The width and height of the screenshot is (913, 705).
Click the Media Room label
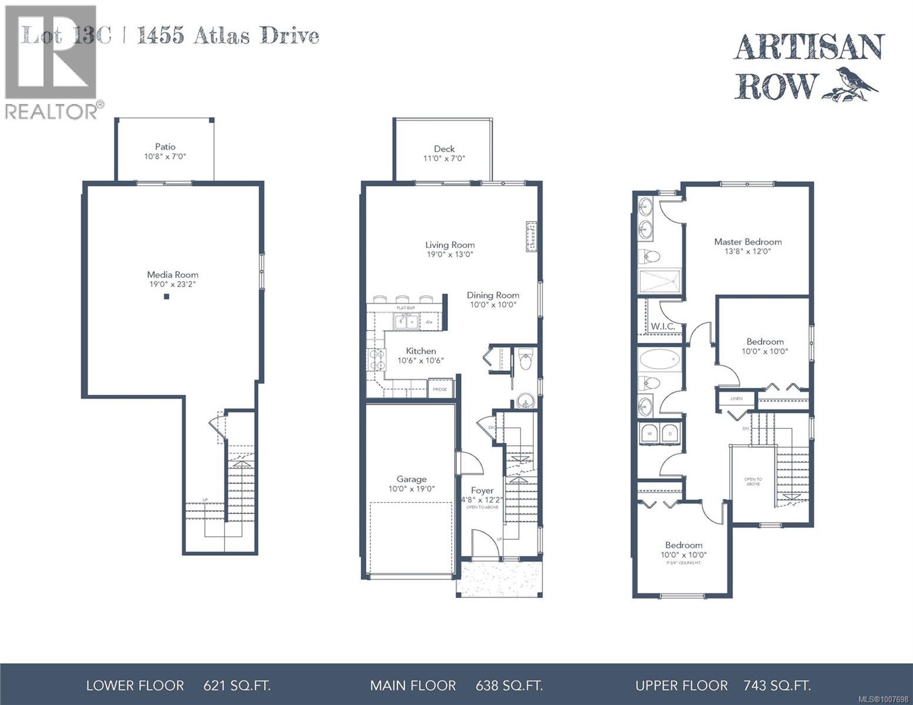[172, 274]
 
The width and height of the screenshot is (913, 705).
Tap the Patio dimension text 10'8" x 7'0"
[165, 157]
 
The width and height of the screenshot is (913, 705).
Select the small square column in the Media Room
[166, 297]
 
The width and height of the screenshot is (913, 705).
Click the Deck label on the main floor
[444, 149]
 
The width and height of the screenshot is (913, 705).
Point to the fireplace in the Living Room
[532, 237]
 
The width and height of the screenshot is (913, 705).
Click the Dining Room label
[493, 296]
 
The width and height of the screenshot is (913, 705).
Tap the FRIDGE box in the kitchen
[440, 389]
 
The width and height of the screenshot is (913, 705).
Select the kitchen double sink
[406, 321]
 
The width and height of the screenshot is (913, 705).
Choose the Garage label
[411, 479]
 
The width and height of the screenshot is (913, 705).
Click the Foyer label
[482, 491]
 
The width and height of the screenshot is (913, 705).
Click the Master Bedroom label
[747, 241]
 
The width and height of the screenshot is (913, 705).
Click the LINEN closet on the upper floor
[736, 398]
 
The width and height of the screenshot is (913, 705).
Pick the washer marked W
[650, 433]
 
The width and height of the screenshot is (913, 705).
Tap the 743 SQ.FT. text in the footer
[777, 686]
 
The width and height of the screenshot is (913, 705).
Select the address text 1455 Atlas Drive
[228, 36]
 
